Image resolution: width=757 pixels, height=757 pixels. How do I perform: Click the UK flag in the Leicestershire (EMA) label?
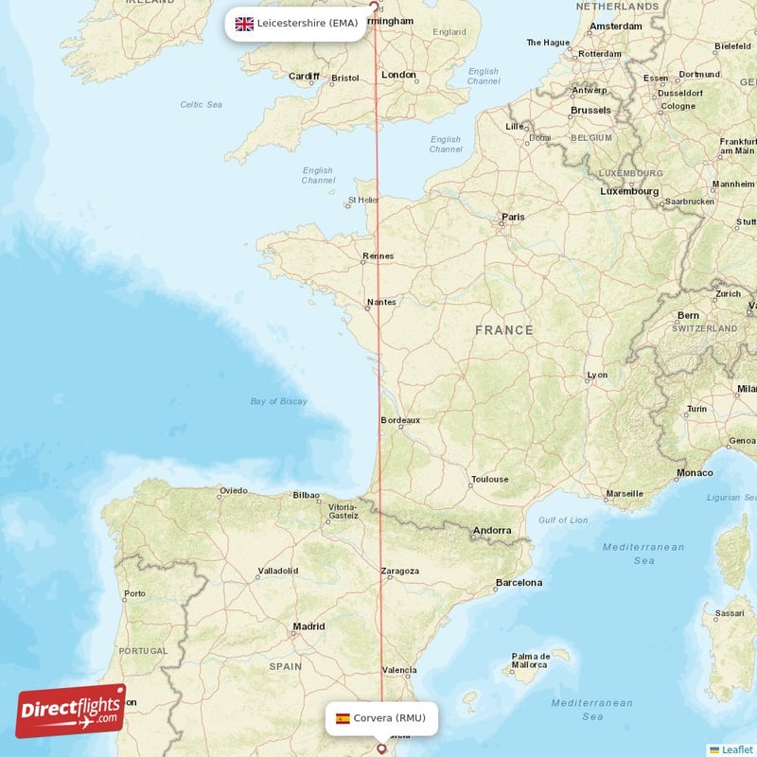[x=244, y=24]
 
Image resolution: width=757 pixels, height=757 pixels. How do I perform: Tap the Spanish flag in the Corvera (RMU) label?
[x=343, y=718]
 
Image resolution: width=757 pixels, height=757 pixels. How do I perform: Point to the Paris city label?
[x=513, y=217]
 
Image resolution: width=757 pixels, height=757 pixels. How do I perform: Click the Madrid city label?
[x=308, y=626]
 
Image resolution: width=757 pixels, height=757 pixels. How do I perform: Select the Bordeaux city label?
[x=399, y=420]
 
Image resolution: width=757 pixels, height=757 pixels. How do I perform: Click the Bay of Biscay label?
[x=279, y=401]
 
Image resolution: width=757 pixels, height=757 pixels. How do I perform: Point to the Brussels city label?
[x=590, y=111]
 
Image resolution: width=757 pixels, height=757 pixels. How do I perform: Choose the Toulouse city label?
[x=489, y=480]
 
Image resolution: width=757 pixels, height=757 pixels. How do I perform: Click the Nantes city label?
[x=381, y=302]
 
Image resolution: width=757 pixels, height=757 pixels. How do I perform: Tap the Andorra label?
[x=493, y=531]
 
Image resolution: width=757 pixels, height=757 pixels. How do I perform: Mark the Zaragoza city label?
[x=400, y=572]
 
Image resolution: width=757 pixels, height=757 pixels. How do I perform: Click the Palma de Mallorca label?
[x=532, y=660]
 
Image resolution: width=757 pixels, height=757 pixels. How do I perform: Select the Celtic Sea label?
[x=202, y=104]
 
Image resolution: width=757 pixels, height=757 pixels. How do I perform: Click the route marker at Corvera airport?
[x=382, y=748]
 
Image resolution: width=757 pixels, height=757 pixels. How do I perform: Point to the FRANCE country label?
[x=504, y=330]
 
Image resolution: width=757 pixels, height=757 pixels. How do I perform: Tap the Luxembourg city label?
[x=629, y=191]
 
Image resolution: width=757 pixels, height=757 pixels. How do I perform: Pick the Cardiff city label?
[x=305, y=77]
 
